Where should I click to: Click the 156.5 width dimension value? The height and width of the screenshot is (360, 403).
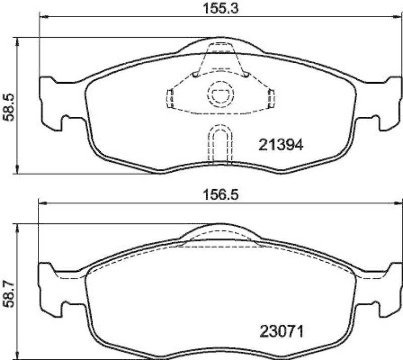tap(221, 196)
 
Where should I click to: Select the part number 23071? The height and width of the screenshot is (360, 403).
tap(281, 332)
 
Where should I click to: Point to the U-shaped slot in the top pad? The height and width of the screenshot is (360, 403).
tap(220, 144)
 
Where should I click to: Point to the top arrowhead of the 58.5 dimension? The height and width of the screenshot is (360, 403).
tap(18, 40)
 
